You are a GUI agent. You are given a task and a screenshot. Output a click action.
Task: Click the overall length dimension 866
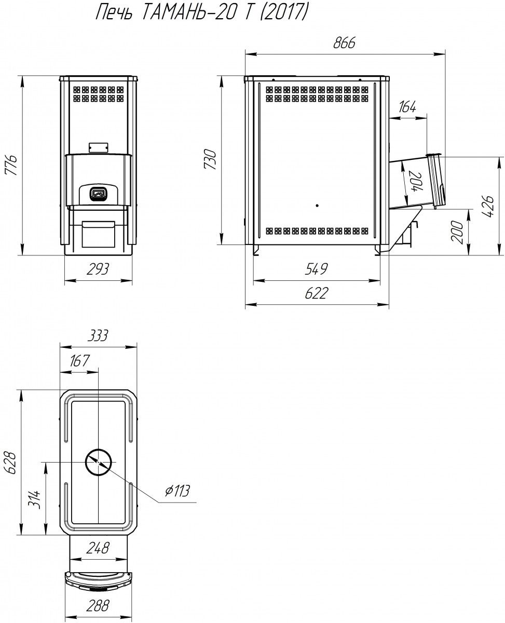coord(344,43)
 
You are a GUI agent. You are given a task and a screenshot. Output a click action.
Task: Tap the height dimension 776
coord(12,165)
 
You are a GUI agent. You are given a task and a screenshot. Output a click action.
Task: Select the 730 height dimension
coord(210,159)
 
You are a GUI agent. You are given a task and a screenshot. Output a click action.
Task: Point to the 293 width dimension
coord(98,269)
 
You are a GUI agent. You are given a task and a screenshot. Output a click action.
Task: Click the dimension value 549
coord(317,269)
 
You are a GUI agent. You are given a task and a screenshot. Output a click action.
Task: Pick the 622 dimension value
coord(317,293)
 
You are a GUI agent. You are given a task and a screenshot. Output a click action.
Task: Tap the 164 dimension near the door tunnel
coord(407,107)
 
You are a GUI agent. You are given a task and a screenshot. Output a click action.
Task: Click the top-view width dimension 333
coord(98,335)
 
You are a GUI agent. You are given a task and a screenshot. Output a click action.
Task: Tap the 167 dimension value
coord(79,360)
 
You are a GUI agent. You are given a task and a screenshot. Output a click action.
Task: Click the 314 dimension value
coord(34,499)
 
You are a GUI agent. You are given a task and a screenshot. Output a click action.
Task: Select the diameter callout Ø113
coord(177,491)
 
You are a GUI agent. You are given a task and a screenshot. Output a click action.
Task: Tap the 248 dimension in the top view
coord(98,548)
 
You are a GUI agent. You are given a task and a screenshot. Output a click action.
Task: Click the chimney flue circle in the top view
coord(99,462)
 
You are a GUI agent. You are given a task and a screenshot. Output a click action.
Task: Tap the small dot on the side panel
coord(317,206)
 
